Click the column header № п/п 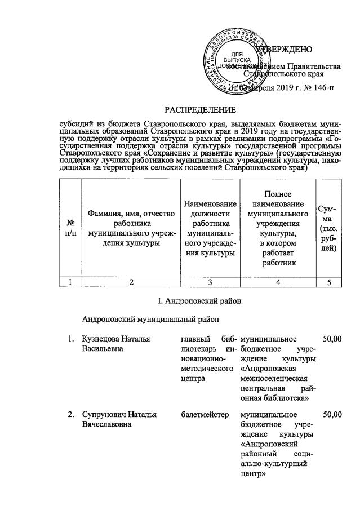[x=70, y=228]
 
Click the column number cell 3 [x=209, y=283]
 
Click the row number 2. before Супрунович [x=71, y=415]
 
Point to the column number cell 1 [x=70, y=283]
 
